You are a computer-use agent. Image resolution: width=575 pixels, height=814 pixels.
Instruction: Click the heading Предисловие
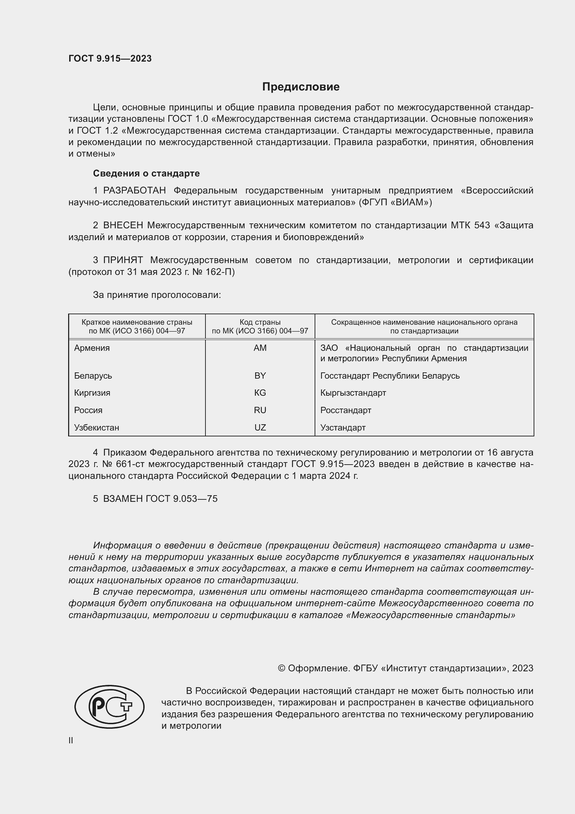click(301, 87)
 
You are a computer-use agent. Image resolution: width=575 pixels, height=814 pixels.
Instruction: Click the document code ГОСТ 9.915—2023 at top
click(110, 59)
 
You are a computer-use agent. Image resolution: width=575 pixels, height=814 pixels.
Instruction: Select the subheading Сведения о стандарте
click(146, 173)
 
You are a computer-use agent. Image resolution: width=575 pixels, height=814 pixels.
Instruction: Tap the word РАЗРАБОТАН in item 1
click(134, 191)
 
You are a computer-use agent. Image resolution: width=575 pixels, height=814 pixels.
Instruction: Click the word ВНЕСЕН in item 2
click(123, 226)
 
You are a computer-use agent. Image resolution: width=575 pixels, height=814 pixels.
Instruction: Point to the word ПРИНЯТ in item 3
click(123, 260)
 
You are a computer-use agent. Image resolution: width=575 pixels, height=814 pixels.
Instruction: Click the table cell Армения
click(92, 348)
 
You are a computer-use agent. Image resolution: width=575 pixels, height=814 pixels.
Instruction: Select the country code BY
click(260, 376)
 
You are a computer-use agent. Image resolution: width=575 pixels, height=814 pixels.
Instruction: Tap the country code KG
click(260, 393)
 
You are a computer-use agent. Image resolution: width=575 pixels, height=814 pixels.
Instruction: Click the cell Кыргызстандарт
click(353, 393)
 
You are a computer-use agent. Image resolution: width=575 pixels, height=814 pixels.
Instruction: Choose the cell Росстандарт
click(346, 410)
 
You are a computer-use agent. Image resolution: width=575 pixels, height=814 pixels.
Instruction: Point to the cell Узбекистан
click(96, 428)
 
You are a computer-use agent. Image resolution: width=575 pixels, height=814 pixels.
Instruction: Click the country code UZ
click(260, 428)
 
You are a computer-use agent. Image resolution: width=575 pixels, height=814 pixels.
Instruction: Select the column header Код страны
click(260, 322)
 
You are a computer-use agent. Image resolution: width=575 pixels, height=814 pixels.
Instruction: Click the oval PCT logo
click(110, 706)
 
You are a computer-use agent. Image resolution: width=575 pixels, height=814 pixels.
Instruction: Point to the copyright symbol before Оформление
click(282, 668)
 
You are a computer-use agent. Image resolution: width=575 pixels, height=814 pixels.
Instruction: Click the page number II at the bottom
click(71, 741)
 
